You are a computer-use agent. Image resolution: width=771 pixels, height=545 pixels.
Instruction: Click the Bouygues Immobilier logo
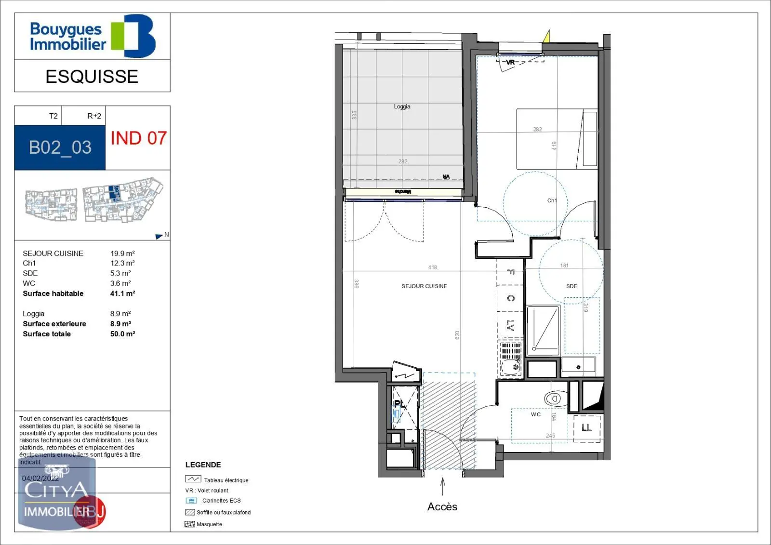point(92,36)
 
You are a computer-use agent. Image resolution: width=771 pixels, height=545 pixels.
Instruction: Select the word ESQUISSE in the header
point(92,77)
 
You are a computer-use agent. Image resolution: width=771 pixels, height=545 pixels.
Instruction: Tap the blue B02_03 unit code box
point(60,147)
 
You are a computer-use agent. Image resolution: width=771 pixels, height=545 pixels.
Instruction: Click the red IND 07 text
point(138,138)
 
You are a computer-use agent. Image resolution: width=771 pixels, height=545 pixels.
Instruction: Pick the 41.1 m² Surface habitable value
point(122,293)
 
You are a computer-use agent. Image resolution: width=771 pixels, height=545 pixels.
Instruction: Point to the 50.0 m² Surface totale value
point(122,334)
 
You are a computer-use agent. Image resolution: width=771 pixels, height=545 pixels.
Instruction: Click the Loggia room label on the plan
point(402,106)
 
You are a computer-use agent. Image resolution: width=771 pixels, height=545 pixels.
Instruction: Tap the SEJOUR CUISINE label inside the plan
point(424,286)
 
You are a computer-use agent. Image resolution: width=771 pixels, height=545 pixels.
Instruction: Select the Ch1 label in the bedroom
point(552,200)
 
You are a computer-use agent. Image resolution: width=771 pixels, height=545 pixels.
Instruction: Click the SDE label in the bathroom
point(572,286)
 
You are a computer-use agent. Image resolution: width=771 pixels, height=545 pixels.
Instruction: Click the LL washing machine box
point(587,428)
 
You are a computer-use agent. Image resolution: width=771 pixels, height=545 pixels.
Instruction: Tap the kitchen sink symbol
point(511,367)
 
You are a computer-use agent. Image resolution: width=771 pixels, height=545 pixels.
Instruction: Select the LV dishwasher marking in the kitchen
point(510,326)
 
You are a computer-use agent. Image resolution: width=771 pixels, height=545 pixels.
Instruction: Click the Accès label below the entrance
point(442,506)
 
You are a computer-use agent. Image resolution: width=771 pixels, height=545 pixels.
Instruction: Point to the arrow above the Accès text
point(442,486)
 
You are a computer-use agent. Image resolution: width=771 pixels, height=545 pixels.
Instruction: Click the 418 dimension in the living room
point(432,267)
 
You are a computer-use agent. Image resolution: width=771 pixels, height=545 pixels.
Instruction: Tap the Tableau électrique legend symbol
point(193,479)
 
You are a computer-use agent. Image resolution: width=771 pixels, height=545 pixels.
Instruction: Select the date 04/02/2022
point(40,479)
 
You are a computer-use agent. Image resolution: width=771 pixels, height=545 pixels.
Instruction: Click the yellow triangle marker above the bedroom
point(546,37)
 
